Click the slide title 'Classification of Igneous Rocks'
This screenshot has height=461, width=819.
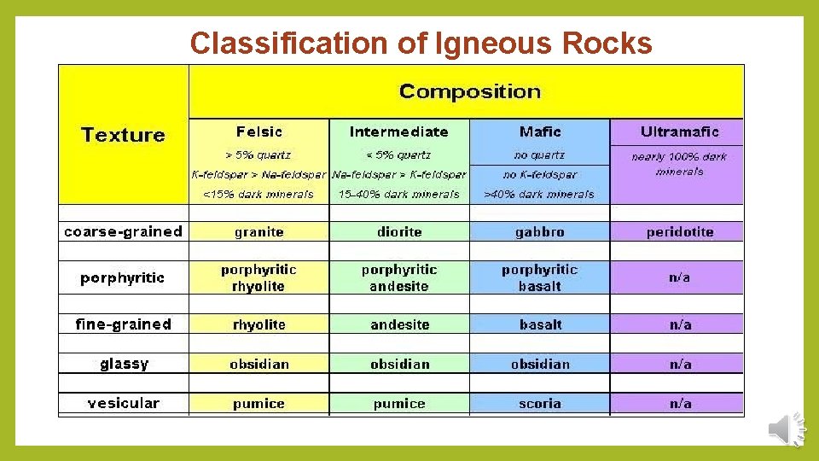tap(421, 43)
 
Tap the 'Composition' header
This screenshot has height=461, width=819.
tap(469, 91)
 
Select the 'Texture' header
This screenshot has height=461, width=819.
tap(123, 135)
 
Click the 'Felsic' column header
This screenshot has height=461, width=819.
tap(258, 131)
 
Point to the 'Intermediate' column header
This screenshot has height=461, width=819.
tap(398, 131)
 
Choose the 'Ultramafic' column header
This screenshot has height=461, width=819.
tap(679, 131)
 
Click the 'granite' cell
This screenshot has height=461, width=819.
tap(258, 231)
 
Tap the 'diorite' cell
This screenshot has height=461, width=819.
tap(399, 231)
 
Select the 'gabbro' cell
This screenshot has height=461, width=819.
tap(539, 231)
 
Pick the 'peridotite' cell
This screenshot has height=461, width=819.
tap(679, 231)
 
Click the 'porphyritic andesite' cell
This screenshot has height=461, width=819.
tap(399, 277)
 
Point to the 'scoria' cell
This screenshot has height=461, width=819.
tap(539, 403)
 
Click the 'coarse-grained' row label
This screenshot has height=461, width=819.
tap(123, 231)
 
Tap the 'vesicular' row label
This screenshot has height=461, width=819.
tap(123, 403)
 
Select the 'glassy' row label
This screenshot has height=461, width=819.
tap(123, 364)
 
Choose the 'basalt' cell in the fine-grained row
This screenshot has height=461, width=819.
tap(539, 324)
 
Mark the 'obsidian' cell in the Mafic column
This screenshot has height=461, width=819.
tap(539, 364)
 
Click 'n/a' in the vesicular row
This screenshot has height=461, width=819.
tap(679, 403)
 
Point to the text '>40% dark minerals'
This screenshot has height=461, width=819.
tap(539, 194)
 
